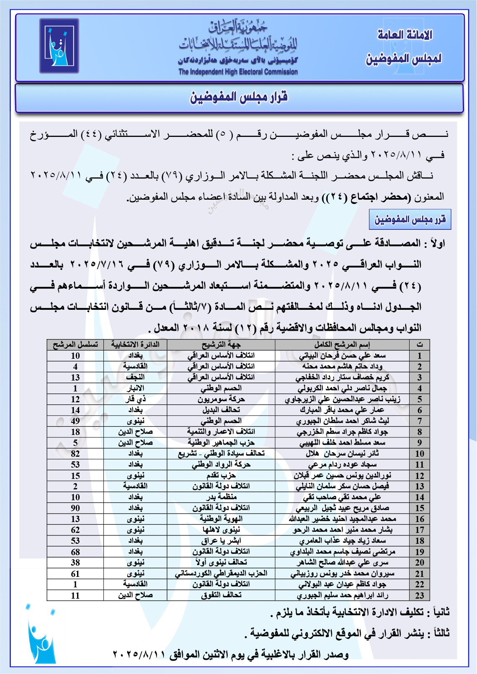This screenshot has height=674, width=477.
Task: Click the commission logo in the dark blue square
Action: click(x=59, y=46)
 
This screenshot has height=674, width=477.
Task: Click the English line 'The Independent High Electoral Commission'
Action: click(x=238, y=72)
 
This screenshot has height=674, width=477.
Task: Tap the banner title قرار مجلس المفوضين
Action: click(x=239, y=98)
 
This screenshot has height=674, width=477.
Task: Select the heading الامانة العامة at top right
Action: click(x=404, y=35)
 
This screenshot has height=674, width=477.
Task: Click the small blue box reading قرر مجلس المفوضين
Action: click(x=410, y=220)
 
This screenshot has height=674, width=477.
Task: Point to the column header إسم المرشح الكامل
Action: click(x=342, y=345)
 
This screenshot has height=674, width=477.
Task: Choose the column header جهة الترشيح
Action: click(x=221, y=345)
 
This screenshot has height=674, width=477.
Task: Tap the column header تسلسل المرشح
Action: click(x=75, y=345)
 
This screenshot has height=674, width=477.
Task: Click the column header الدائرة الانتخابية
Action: click(x=135, y=345)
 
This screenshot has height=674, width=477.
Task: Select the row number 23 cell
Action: click(x=420, y=595)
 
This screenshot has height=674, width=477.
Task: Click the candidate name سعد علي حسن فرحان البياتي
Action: click(x=342, y=355)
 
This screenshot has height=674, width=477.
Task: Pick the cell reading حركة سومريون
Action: click(x=221, y=399)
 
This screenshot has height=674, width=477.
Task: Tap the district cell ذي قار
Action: click(x=135, y=399)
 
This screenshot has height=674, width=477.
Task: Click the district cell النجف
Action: click(x=135, y=377)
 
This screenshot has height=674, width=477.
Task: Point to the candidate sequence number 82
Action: click(x=75, y=454)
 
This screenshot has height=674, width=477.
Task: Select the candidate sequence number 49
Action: click(x=75, y=421)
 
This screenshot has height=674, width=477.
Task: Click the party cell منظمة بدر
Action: click(x=221, y=497)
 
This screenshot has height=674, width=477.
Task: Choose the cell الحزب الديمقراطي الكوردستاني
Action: click(x=221, y=574)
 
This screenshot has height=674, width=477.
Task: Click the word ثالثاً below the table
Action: click(x=438, y=633)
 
